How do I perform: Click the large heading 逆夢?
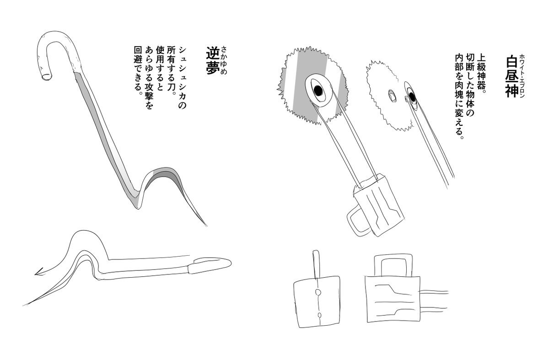[x=212, y=60]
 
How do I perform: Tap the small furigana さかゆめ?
[x=224, y=60]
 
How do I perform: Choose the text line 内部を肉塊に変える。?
[x=458, y=97]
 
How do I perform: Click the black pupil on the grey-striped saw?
[x=318, y=91]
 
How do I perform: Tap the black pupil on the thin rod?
[x=412, y=97]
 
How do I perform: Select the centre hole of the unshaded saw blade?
[x=393, y=96]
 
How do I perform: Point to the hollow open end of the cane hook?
[x=47, y=77]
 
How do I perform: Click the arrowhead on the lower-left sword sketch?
[x=40, y=271]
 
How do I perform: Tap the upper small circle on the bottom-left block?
[x=318, y=292]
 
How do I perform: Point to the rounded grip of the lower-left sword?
[x=210, y=265]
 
